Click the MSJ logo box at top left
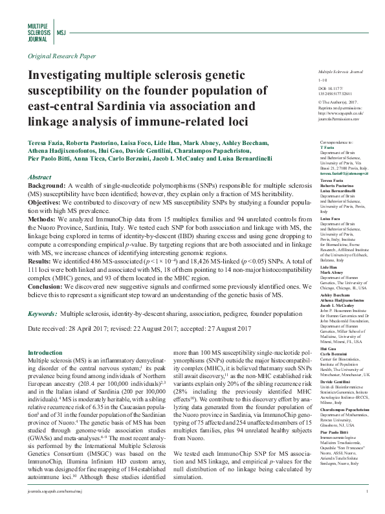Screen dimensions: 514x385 tap(62, 31)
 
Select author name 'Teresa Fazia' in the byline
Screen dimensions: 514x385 tap(44, 140)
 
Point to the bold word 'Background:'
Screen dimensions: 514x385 tap(47, 186)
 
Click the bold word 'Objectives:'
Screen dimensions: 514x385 tap(46, 203)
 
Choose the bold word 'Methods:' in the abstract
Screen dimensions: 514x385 tap(42, 219)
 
